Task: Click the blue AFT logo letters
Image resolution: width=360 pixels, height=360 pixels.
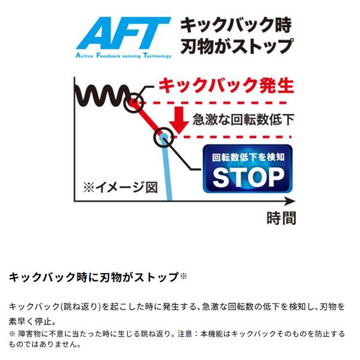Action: pyautogui.click(x=124, y=33)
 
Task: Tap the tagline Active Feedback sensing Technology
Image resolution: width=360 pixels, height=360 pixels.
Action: pyautogui.click(x=124, y=56)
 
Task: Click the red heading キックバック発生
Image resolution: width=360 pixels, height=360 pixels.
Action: pyautogui.click(x=226, y=85)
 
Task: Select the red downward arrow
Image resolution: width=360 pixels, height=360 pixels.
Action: pyautogui.click(x=179, y=119)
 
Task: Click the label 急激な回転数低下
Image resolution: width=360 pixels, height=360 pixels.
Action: pyautogui.click(x=244, y=119)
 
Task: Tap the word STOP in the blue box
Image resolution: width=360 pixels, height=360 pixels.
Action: pyautogui.click(x=248, y=177)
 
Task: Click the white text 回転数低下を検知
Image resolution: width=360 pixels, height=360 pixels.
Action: pyautogui.click(x=248, y=157)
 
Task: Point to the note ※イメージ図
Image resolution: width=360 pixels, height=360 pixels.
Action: pyautogui.click(x=121, y=187)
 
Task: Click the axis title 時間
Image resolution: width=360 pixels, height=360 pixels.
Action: pyautogui.click(x=281, y=218)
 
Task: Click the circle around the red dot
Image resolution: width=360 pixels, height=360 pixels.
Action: pyautogui.click(x=134, y=103)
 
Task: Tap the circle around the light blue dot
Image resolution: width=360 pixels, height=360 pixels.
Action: pyautogui.click(x=164, y=137)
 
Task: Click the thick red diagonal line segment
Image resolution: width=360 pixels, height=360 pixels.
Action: pyautogui.click(x=148, y=119)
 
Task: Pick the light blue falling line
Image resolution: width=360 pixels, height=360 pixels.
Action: pyautogui.click(x=167, y=169)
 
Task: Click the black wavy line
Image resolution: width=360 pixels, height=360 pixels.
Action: pyautogui.click(x=102, y=95)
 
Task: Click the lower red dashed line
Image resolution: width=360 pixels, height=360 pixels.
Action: pyautogui.click(x=232, y=137)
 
